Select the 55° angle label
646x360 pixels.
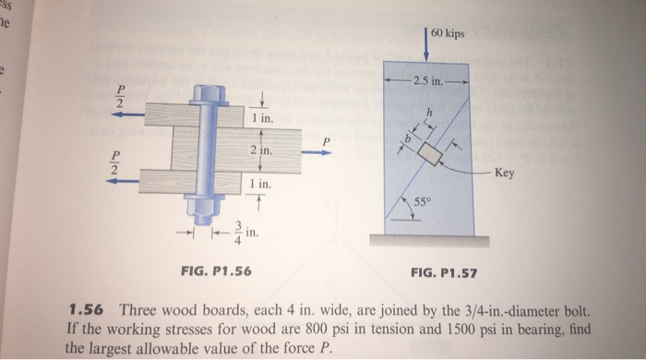(x=417, y=203)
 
